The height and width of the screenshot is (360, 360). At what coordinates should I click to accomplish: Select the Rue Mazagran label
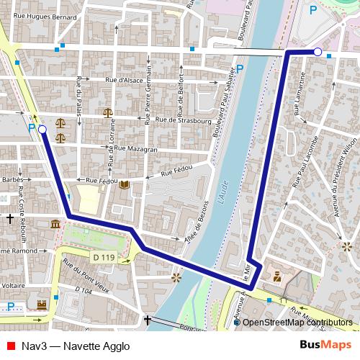[x=136, y=148]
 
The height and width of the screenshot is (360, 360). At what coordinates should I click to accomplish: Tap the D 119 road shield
[x=104, y=257]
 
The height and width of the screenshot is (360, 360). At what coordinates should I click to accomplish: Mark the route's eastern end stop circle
[x=318, y=51]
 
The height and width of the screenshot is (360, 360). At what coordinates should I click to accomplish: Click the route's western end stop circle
[x=42, y=130]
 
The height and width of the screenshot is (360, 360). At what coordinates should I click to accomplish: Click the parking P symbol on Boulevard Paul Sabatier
[x=240, y=68]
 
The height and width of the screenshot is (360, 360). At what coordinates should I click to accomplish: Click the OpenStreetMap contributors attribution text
[x=297, y=323]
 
